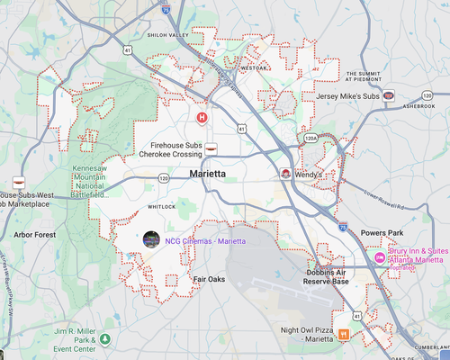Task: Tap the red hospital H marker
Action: pyautogui.click(x=202, y=117)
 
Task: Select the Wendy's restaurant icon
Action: pyautogui.click(x=286, y=173)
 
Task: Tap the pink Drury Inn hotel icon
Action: pyautogui.click(x=381, y=259)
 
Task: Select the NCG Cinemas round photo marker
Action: pyautogui.click(x=151, y=239)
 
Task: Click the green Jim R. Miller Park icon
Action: pyautogui.click(x=105, y=339)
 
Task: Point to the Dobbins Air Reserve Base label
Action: pyautogui.click(x=328, y=276)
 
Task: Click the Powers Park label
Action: pyautogui.click(x=382, y=234)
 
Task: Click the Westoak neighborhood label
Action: pyautogui.click(x=255, y=67)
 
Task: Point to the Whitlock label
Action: pyautogui.click(x=162, y=206)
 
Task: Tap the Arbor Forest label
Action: pyautogui.click(x=35, y=235)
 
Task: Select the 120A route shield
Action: pyautogui.click(x=310, y=139)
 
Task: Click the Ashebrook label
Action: pyautogui.click(x=418, y=105)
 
